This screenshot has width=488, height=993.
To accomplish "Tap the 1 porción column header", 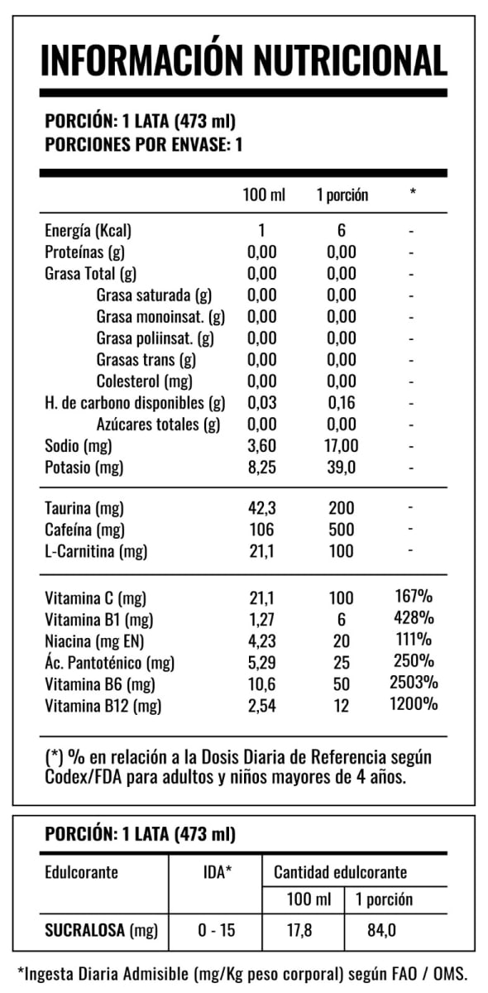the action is (342, 195).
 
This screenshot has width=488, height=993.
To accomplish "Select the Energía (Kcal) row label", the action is (89, 231).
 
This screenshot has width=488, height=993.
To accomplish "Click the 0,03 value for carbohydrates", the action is (262, 402).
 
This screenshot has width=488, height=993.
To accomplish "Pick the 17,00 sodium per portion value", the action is (342, 445).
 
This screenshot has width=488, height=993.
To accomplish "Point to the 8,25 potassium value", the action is (262, 468).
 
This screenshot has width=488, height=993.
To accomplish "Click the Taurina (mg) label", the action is (84, 508).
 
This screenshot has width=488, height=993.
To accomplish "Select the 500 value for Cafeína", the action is (342, 530).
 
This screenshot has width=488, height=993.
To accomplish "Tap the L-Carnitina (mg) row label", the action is (96, 551).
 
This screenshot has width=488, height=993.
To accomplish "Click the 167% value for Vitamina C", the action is (414, 597).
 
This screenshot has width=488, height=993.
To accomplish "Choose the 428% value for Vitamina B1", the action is (414, 617).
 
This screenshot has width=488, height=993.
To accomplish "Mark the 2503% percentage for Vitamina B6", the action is (414, 682).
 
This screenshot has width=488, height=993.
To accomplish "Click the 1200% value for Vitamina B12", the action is (414, 703).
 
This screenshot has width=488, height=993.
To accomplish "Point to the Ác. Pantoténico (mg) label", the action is (110, 663).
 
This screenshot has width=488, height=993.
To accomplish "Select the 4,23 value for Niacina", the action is (262, 641).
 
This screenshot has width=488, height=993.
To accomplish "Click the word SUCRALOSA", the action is (85, 930).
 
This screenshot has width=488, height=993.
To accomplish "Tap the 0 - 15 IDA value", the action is (217, 930).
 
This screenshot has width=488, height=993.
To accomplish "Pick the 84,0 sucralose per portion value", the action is (381, 930).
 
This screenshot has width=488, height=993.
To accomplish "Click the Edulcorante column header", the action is (82, 872).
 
